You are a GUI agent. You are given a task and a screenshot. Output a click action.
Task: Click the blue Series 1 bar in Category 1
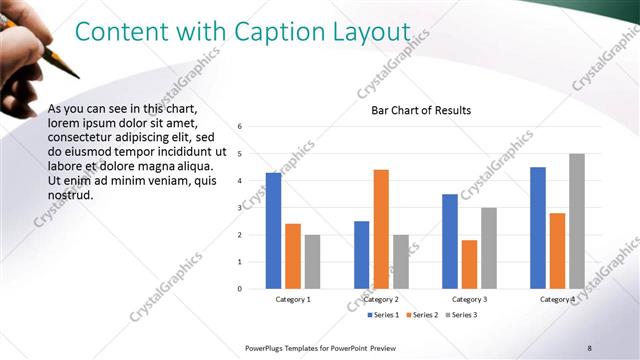pyautogui.click(x=273, y=230)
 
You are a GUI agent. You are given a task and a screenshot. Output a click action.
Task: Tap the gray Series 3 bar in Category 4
pyautogui.click(x=577, y=221)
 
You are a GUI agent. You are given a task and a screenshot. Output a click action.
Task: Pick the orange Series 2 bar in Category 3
pyautogui.click(x=469, y=264)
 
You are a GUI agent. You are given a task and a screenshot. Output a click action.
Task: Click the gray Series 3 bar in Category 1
pyautogui.click(x=312, y=262)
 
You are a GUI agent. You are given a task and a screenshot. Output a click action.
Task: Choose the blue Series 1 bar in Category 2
pyautogui.click(x=361, y=255)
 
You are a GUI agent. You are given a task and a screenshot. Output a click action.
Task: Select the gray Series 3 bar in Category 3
pyautogui.click(x=489, y=248)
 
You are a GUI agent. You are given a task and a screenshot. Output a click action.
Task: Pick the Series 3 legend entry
pyautogui.click(x=462, y=315)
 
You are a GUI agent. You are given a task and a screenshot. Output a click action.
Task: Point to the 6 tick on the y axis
pyautogui.click(x=240, y=127)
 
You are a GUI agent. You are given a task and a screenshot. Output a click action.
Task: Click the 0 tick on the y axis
pyautogui.click(x=240, y=289)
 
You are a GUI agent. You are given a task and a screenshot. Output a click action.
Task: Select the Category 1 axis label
pyautogui.click(x=293, y=299)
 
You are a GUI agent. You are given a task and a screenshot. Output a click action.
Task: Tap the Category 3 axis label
pyautogui.click(x=469, y=299)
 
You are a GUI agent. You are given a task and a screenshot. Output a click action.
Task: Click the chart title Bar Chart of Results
pyautogui.click(x=414, y=110)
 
